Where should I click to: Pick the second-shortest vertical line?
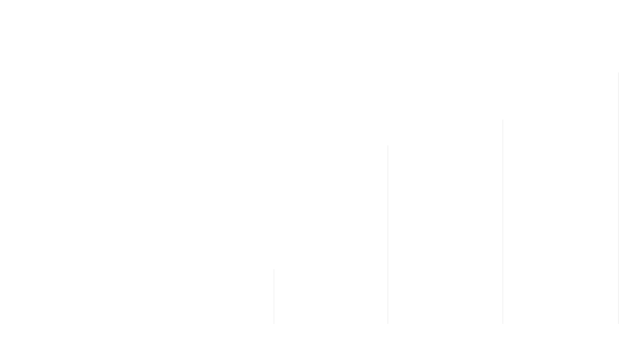coord(388,234)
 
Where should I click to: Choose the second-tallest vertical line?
coord(503,222)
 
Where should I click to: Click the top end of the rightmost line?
coord(619,72)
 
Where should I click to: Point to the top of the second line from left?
coord(388,145)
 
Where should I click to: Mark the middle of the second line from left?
coord(388,234)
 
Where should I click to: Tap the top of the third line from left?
coord(503,119)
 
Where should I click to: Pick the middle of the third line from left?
coord(503,222)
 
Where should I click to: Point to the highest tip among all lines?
coord(619,72)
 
